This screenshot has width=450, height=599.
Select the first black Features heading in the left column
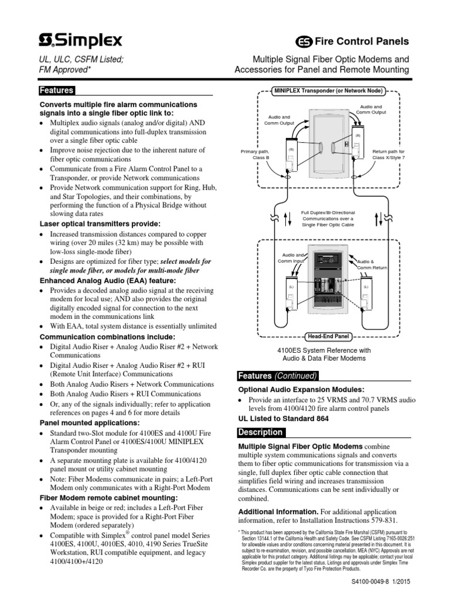(56, 91)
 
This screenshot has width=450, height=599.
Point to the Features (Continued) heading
(277, 376)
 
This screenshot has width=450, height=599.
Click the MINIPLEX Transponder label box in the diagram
(328, 91)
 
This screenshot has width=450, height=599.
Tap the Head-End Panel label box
(328, 336)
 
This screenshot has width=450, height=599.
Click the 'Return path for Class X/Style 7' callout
(388, 154)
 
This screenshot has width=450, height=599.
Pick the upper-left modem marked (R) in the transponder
(290, 155)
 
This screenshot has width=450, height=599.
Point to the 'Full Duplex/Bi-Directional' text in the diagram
(328, 213)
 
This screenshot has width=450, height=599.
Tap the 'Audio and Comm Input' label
(291, 258)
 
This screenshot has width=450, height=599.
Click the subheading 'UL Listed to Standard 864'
(283, 418)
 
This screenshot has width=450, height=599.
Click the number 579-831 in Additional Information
(382, 521)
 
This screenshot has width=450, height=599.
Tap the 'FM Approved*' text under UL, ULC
(64, 70)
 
